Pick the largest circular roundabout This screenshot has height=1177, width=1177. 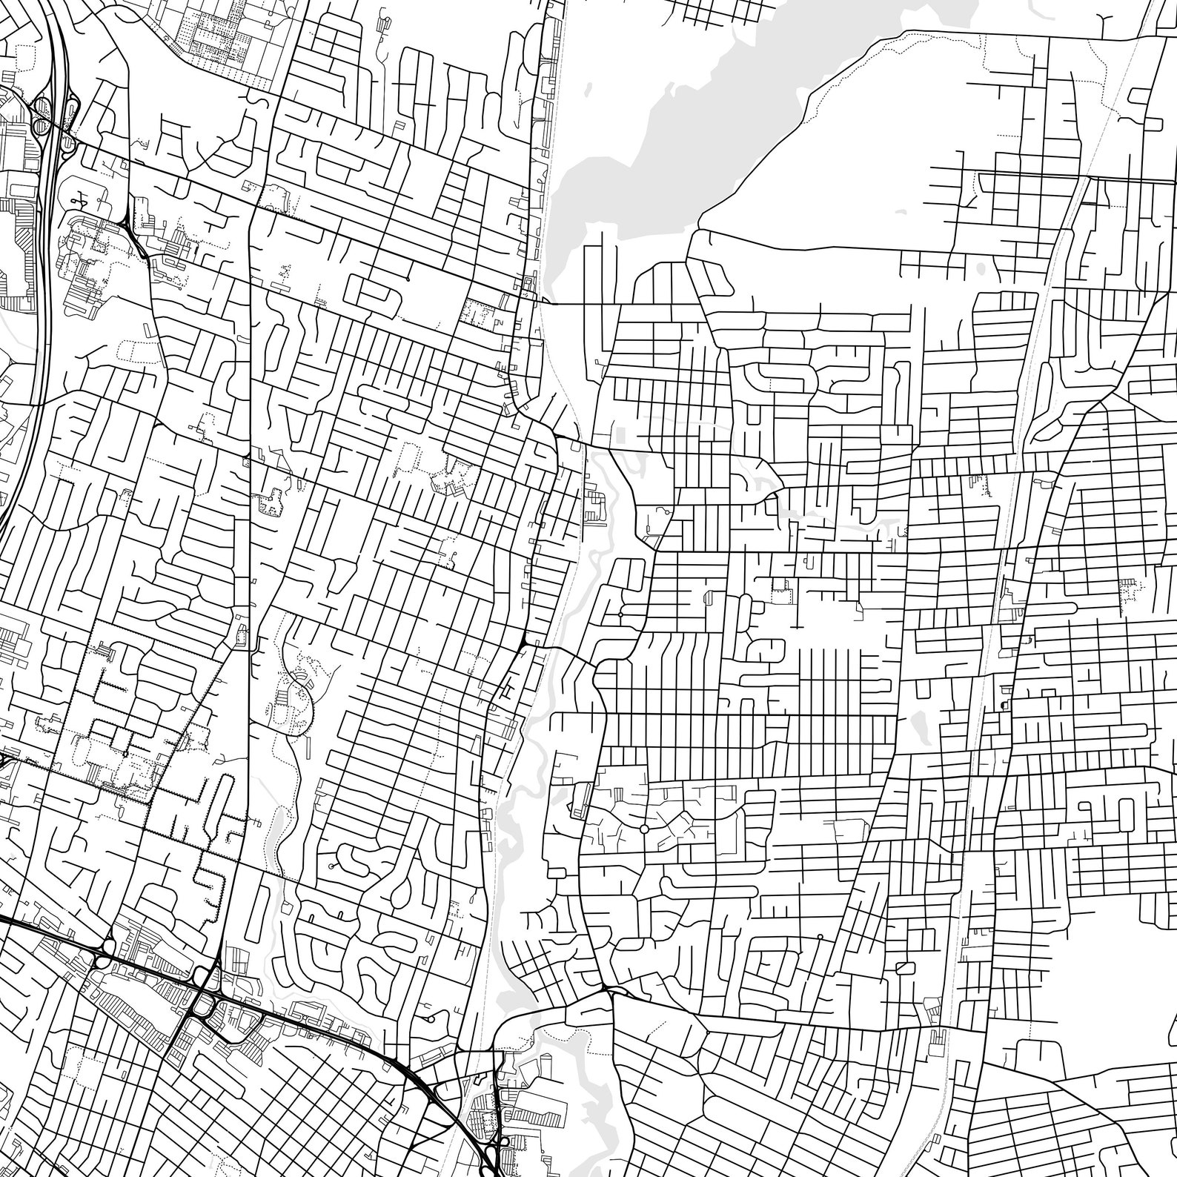click(x=643, y=828)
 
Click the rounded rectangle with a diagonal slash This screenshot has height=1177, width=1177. click(x=903, y=969)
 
